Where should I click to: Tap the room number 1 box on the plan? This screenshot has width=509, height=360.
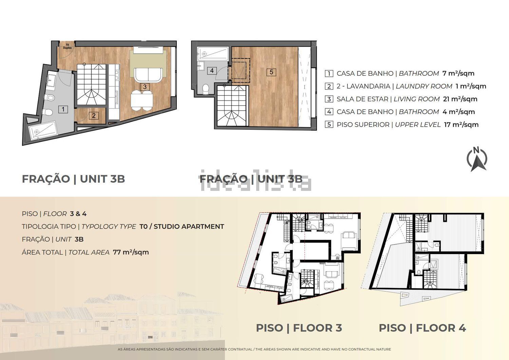(63, 109)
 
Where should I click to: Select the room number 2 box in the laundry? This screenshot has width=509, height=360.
(94, 115)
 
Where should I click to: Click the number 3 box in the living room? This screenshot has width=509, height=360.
(145, 87)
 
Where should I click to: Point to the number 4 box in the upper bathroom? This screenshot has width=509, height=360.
(212, 71)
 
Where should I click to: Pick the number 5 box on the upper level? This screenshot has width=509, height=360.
(271, 72)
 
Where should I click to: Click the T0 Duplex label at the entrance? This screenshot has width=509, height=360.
(67, 47)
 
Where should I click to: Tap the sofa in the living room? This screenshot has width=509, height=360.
(148, 75)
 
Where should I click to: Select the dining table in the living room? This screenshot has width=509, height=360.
(142, 100)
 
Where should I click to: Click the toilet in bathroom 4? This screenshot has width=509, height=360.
(206, 88)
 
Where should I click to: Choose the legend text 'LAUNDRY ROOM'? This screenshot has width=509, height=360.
(424, 86)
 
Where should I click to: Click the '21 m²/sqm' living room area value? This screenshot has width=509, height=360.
(460, 99)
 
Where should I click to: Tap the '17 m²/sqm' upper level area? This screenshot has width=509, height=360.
(461, 125)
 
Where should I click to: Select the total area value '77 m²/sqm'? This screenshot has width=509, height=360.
(131, 252)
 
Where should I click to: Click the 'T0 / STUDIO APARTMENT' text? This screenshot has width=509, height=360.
(182, 227)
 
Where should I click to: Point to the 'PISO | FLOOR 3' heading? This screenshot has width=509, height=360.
(299, 328)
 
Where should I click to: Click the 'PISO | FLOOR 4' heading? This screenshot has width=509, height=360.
(422, 328)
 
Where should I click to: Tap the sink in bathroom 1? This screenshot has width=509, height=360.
(51, 80)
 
